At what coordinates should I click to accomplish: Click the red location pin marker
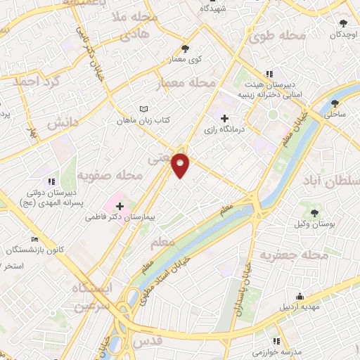(x=181, y=165)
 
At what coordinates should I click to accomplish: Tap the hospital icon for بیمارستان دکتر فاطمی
(x=120, y=206)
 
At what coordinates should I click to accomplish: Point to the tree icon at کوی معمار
(x=185, y=49)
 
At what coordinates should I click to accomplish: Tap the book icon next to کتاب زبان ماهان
(x=144, y=109)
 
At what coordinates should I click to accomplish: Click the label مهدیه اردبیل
(x=300, y=307)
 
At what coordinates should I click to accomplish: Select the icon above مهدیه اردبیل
(x=300, y=295)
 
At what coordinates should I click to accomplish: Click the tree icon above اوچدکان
(x=342, y=22)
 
